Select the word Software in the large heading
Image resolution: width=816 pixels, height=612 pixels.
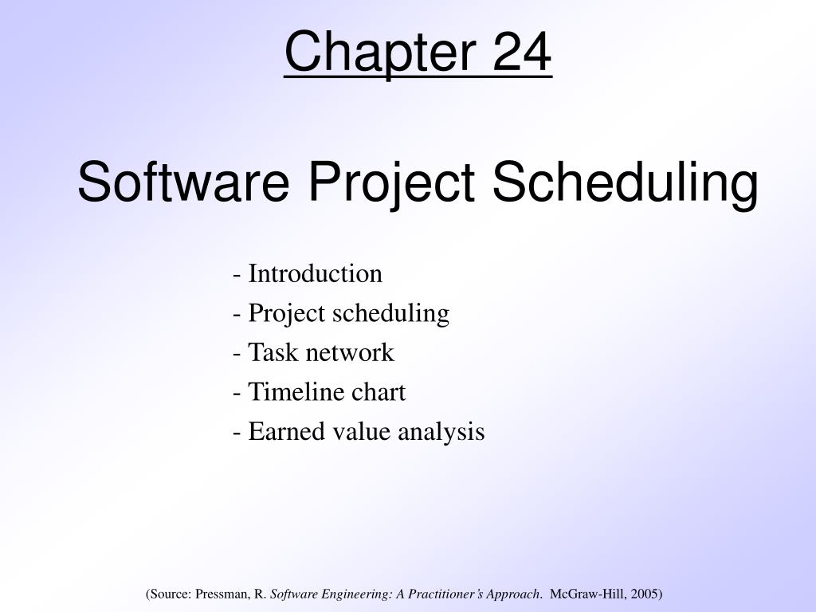183,182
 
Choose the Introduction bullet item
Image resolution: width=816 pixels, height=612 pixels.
315,274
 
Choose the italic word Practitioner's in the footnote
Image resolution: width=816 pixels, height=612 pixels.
456,594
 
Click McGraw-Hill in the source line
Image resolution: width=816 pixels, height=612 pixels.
589,594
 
